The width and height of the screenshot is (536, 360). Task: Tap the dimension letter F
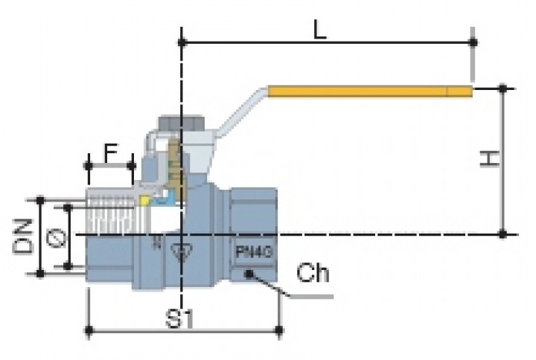[x=110, y=153]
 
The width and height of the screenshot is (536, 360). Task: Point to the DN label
[x=24, y=236]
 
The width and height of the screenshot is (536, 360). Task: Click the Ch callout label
[x=313, y=274]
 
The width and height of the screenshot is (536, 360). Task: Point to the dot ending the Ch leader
[x=251, y=273]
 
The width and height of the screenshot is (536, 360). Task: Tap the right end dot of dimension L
[x=473, y=42]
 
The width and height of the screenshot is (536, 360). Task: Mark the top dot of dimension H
[x=503, y=89]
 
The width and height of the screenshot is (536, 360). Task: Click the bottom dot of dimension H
[x=503, y=234]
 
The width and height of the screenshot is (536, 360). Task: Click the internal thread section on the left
[x=112, y=216]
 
